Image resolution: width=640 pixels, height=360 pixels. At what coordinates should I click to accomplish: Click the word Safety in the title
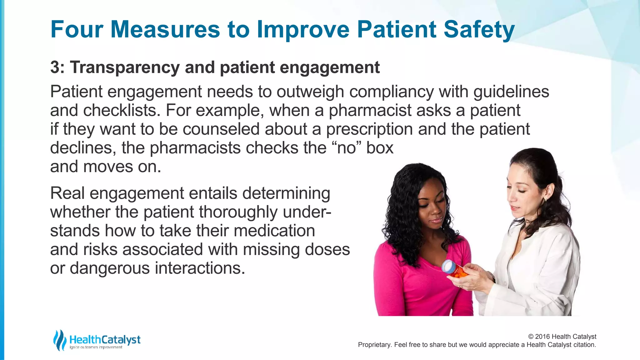click(x=479, y=30)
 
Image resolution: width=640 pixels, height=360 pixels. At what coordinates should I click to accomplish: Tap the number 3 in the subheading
click(x=55, y=67)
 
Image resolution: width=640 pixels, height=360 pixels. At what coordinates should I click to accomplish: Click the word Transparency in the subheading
click(x=124, y=67)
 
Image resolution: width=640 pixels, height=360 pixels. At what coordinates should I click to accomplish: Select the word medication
click(x=274, y=231)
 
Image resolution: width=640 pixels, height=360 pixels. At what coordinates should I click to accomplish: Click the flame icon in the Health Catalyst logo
click(x=59, y=340)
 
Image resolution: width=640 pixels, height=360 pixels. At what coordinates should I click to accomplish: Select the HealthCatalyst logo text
click(x=105, y=339)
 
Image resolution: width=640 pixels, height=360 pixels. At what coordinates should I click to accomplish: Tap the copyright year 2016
click(x=542, y=337)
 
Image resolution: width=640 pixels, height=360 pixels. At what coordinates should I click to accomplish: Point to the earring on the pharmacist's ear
click(x=545, y=199)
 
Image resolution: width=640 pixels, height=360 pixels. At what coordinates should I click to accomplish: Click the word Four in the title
click(x=77, y=30)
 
